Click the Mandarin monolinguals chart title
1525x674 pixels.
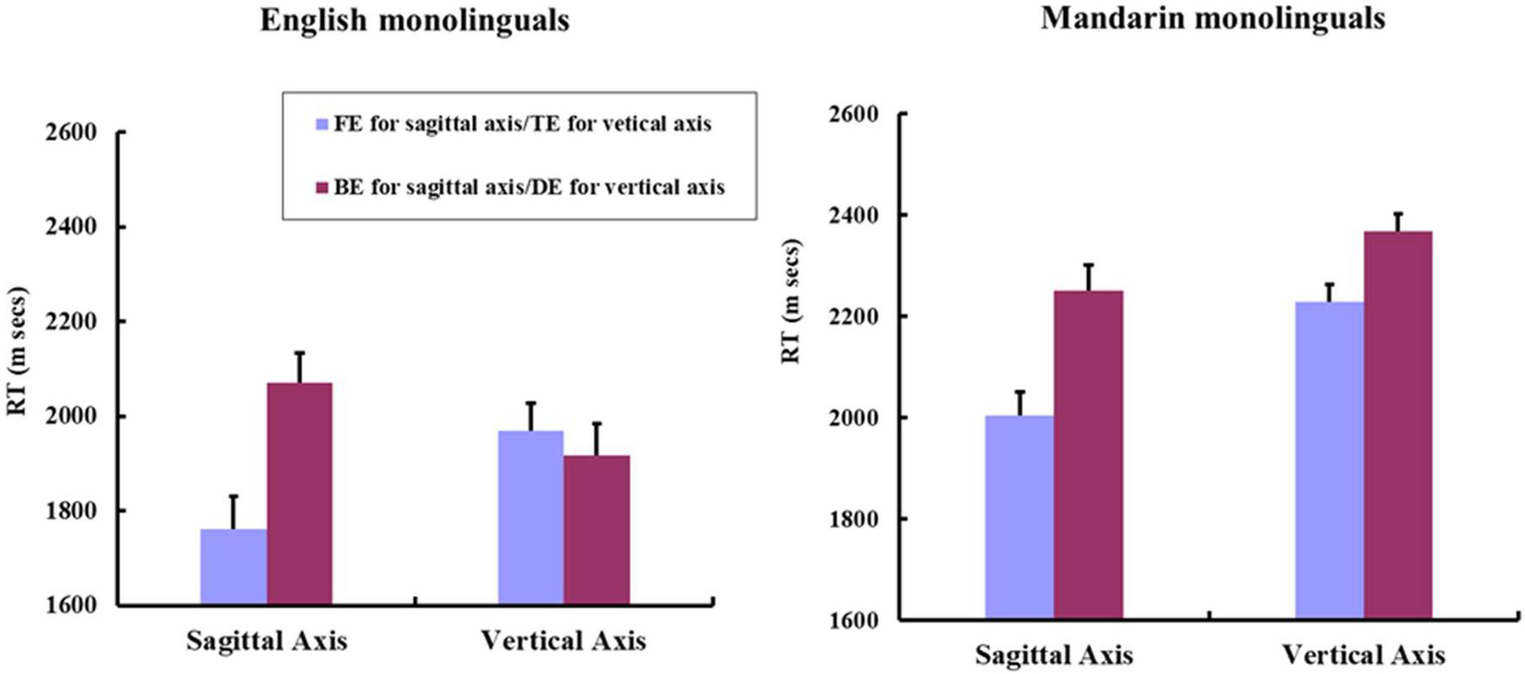coord(1213,19)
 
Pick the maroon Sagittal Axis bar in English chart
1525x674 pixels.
coord(299,493)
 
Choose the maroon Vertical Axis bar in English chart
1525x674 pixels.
coord(596,529)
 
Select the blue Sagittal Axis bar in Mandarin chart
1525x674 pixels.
coord(1019,517)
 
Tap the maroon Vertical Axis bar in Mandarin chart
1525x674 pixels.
coord(1398,425)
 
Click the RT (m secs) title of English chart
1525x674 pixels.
coord(18,367)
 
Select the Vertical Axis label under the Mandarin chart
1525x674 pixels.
coord(1363,656)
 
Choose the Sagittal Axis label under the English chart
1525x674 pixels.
coord(266,641)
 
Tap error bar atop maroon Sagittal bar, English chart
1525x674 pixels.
coord(299,366)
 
